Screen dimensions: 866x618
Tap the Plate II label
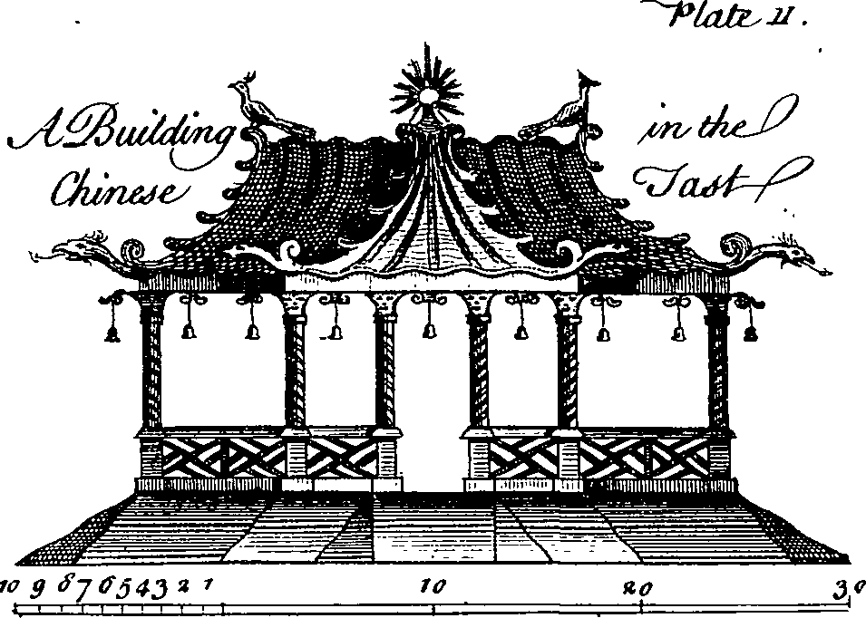(736, 16)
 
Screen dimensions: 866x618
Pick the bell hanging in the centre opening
(429, 330)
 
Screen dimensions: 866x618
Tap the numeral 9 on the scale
(37, 590)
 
